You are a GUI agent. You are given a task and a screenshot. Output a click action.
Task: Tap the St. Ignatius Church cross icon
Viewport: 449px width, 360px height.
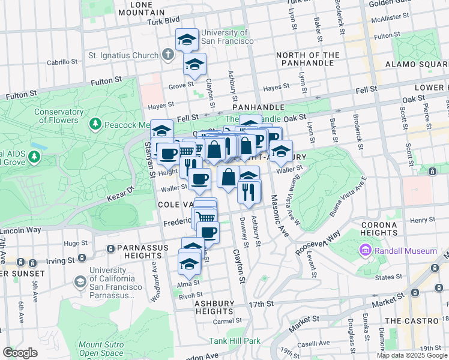coord(167,55)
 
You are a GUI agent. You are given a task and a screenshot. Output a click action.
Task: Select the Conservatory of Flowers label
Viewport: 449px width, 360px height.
coord(59,116)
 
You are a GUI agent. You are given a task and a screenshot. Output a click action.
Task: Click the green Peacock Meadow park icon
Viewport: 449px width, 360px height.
coord(94,124)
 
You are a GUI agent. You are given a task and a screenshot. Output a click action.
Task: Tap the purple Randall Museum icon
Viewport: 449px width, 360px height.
coord(364,250)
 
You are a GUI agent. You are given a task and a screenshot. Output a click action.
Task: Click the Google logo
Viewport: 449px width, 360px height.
coord(20,353)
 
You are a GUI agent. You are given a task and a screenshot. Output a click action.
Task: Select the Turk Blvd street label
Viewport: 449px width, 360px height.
coord(163,22)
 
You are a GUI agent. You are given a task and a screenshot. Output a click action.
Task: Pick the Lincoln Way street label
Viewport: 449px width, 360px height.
coord(20,230)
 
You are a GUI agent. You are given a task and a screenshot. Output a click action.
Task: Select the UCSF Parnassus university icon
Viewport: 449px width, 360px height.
coord(80,281)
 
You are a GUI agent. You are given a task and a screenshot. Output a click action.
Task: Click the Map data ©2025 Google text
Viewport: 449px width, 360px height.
coord(411,355)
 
